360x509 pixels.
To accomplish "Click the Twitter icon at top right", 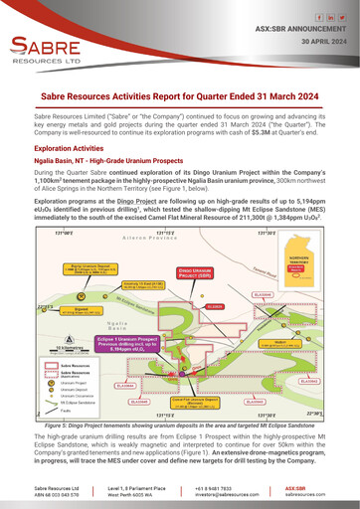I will [337, 18].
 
